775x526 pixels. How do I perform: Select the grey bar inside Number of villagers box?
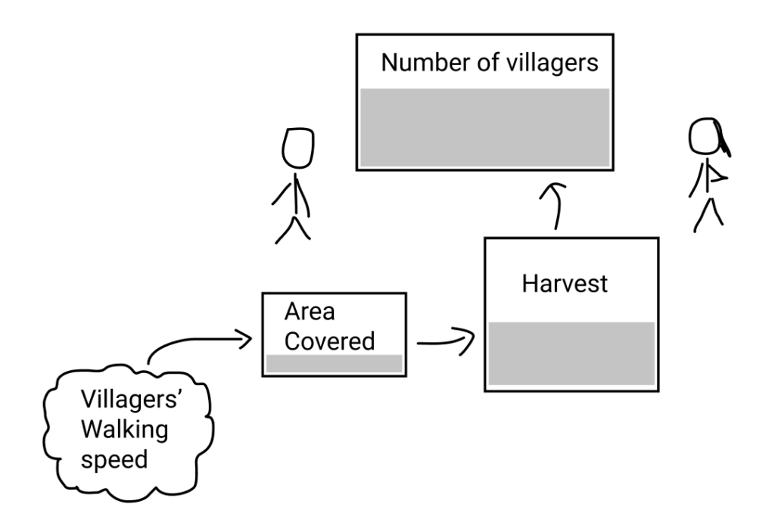[484, 127]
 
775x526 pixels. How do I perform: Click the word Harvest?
[565, 285]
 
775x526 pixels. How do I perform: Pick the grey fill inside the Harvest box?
[571, 353]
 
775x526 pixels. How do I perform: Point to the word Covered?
[329, 341]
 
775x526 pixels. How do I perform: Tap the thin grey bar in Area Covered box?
[333, 363]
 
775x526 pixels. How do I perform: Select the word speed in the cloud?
[114, 458]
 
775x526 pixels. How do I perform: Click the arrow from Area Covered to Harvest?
[445, 340]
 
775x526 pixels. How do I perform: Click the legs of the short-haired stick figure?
[291, 227]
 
